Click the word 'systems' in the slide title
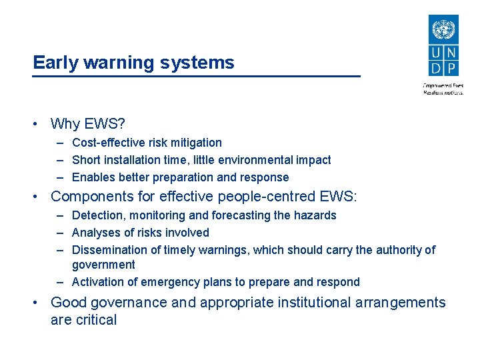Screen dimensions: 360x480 click(x=203, y=63)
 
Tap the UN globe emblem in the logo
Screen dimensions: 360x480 click(x=443, y=31)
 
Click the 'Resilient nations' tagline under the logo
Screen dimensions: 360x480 click(x=443, y=93)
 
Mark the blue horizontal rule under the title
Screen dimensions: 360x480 click(x=197, y=77)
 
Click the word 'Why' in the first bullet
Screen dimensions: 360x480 click(x=65, y=123)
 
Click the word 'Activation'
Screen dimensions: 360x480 click(x=99, y=282)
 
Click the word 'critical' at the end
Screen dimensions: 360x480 click(x=95, y=320)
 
